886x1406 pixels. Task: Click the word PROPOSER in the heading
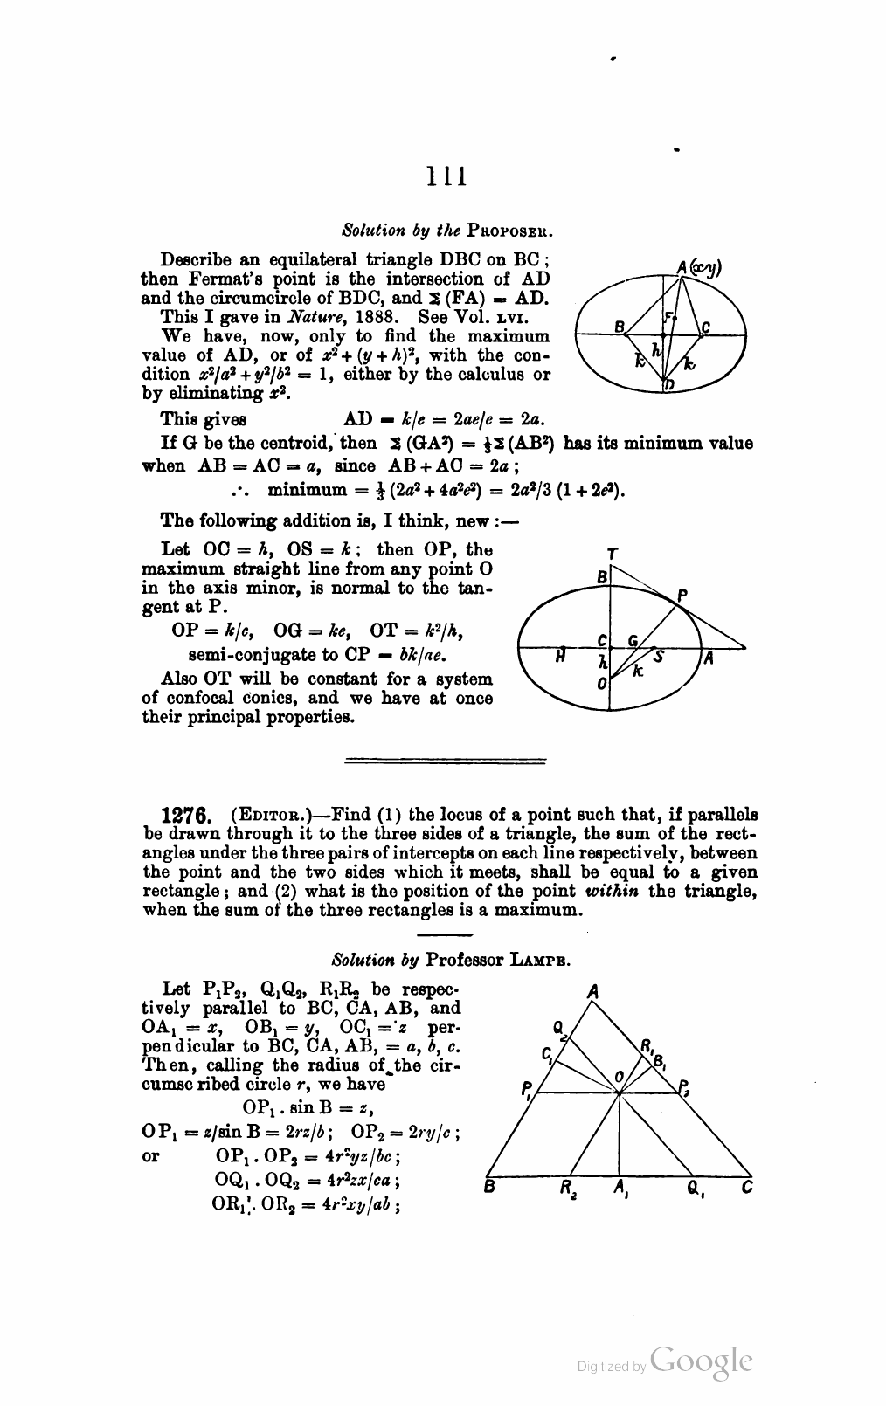[511, 232]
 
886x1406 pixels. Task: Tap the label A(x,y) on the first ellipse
[697, 268]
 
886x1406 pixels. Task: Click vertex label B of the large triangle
[489, 1188]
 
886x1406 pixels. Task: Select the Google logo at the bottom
[701, 1361]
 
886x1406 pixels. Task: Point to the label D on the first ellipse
[668, 386]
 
